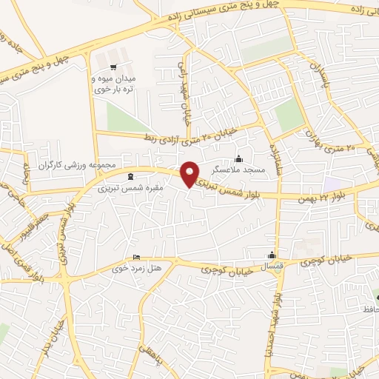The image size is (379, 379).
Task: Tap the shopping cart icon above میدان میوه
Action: click(113, 57)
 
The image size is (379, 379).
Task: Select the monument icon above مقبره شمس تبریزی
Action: click(131, 176)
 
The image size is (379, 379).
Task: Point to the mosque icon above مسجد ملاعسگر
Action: click(238, 158)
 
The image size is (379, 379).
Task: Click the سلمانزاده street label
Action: click(276, 156)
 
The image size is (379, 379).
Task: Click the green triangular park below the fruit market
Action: click(122, 117)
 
